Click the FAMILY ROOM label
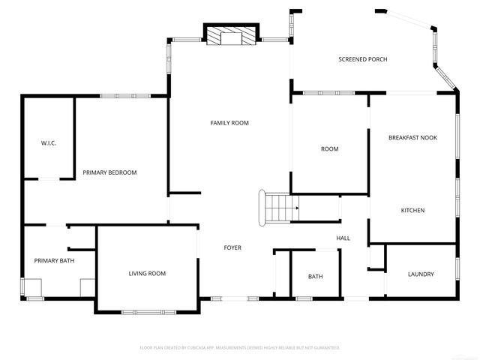tap(229, 123)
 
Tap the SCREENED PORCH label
tap(362, 59)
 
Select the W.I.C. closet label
tap(49, 143)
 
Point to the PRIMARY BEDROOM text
tap(109, 172)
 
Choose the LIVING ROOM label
tap(147, 274)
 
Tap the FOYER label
tap(232, 247)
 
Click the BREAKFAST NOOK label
tap(412, 138)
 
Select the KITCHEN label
tap(412, 211)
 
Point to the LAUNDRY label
tap(421, 274)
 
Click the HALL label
tap(343, 238)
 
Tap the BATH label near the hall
tap(315, 277)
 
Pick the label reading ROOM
tap(329, 149)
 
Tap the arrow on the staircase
tap(297, 208)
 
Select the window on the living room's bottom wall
tap(147, 311)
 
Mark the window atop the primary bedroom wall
tap(125, 95)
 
